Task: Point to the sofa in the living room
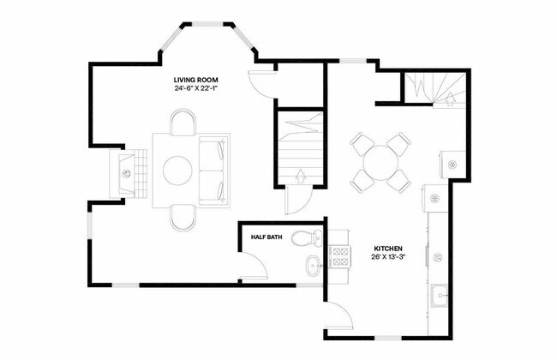pyautogui.click(x=214, y=170)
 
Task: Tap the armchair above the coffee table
pyautogui.click(x=182, y=124)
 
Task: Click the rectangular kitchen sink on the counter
pyautogui.click(x=439, y=295)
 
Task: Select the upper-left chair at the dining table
pyautogui.click(x=359, y=141)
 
